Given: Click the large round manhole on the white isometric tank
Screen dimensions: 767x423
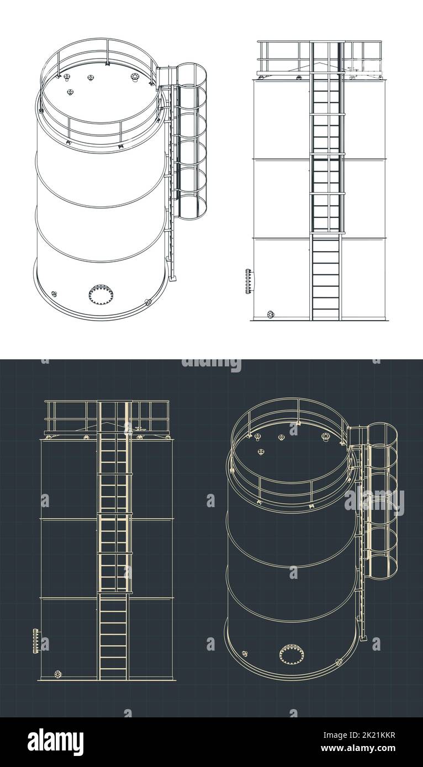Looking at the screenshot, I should (x=101, y=294).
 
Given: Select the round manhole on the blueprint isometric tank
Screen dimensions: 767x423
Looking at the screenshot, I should (x=291, y=654).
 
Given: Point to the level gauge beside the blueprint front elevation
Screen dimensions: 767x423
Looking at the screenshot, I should (x=36, y=640).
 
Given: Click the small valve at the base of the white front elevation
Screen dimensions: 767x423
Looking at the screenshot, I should (x=270, y=315).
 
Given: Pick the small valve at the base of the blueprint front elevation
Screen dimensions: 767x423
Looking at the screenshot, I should (x=57, y=674).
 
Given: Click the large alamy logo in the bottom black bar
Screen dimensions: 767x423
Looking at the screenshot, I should (x=55, y=742).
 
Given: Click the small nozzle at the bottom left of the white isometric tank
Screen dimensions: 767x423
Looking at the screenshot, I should (x=54, y=294).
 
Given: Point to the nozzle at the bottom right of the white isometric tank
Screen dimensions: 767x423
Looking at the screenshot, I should (x=147, y=302).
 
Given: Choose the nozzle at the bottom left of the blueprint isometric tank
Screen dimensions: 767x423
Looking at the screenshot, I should (x=244, y=654).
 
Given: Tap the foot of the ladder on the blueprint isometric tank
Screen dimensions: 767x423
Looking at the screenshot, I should (x=363, y=638).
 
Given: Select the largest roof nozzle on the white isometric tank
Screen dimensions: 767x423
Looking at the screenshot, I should (x=135, y=77).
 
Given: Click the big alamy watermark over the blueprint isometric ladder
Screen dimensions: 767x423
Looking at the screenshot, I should (x=374, y=501).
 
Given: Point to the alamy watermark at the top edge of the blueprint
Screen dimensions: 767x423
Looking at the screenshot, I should (x=212, y=364).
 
